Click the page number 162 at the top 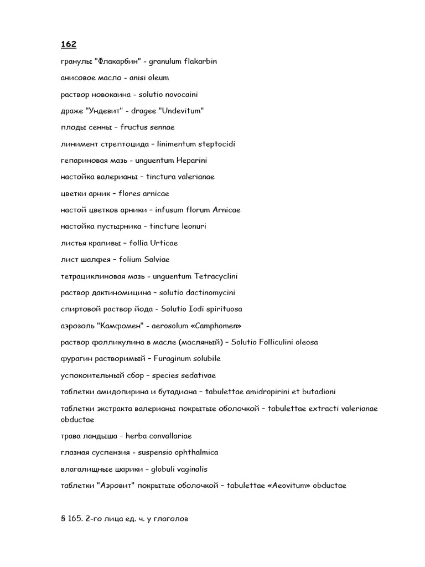pos(69,44)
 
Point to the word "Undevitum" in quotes pos(182,111)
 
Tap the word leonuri pos(194,226)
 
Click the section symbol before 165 pos(63,520)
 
